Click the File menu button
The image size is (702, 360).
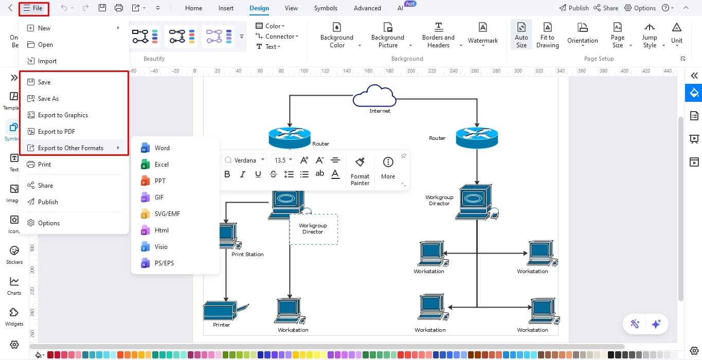click(33, 8)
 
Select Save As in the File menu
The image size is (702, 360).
click(48, 99)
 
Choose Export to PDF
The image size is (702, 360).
click(56, 132)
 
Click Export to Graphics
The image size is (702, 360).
click(63, 115)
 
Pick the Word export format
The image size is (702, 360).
click(161, 148)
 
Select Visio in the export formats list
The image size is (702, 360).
click(161, 247)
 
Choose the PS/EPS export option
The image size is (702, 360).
click(164, 263)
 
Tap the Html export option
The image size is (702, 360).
click(161, 230)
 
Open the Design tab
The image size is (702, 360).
click(259, 8)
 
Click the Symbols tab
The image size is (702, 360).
click(326, 8)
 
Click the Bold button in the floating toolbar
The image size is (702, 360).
click(227, 174)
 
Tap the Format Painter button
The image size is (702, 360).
click(360, 171)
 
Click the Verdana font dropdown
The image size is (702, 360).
click(245, 160)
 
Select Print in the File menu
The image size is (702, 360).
click(44, 165)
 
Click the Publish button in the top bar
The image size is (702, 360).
click(573, 8)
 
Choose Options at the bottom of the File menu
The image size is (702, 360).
click(49, 223)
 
